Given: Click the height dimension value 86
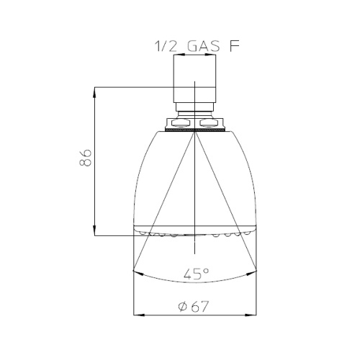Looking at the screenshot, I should point(86,158).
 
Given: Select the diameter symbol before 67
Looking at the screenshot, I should point(181,306).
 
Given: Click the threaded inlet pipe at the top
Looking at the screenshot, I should point(194,83).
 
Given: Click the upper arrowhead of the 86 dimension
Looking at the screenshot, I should point(95,91).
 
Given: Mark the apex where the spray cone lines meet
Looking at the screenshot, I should point(194,134).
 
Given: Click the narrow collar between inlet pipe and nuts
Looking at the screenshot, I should point(194,113).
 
